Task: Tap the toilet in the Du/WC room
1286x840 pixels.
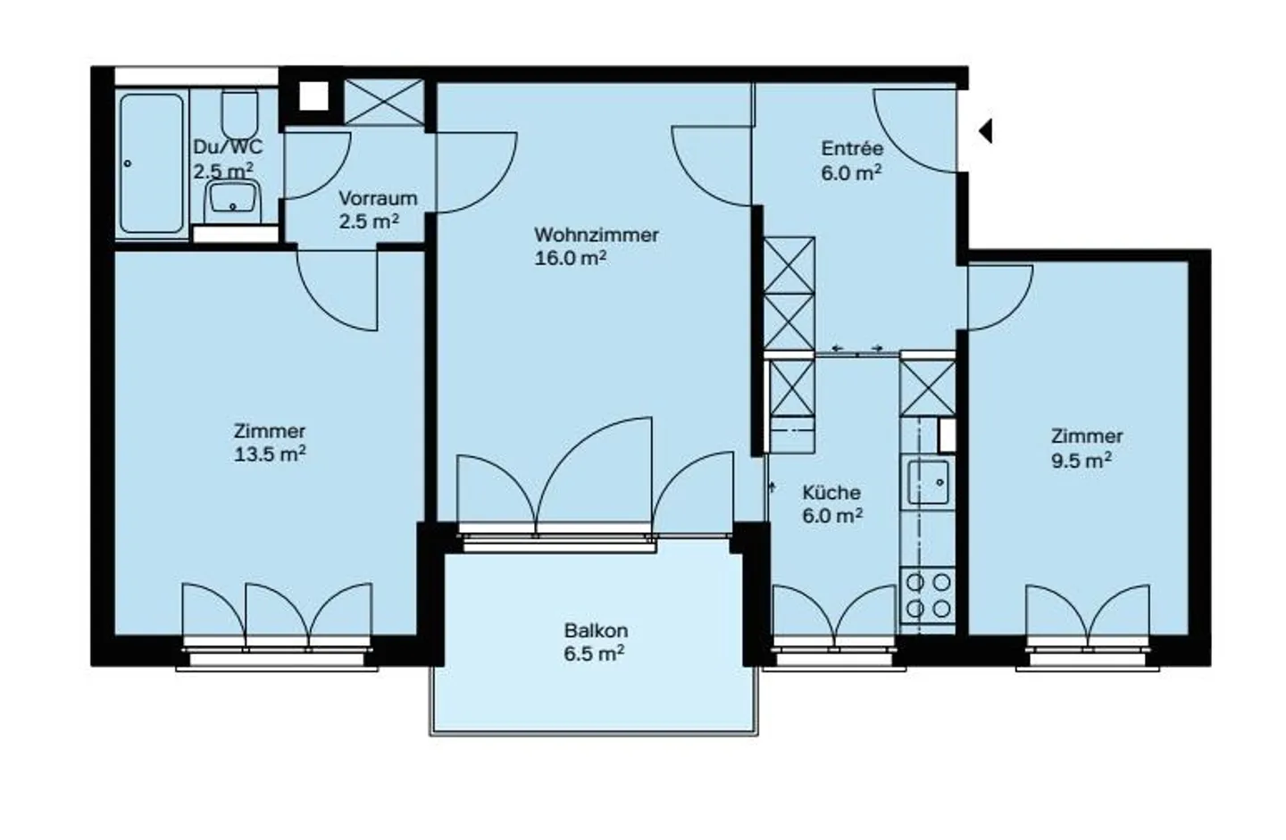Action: click(238, 113)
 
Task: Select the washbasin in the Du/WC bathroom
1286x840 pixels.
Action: click(233, 200)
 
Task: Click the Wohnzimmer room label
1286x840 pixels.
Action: click(596, 235)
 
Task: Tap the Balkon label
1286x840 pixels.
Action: click(595, 630)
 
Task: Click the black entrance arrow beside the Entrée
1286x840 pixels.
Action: click(985, 131)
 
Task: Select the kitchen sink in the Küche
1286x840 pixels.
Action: click(928, 483)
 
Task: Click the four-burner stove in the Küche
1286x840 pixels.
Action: click(928, 595)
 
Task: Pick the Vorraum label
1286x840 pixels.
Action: click(377, 198)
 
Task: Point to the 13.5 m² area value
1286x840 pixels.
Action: click(270, 454)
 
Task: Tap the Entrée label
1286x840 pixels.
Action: click(852, 149)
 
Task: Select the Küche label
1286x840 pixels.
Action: click(831, 492)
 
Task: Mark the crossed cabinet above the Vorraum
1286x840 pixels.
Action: click(384, 101)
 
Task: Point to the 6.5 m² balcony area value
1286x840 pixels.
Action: click(594, 653)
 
